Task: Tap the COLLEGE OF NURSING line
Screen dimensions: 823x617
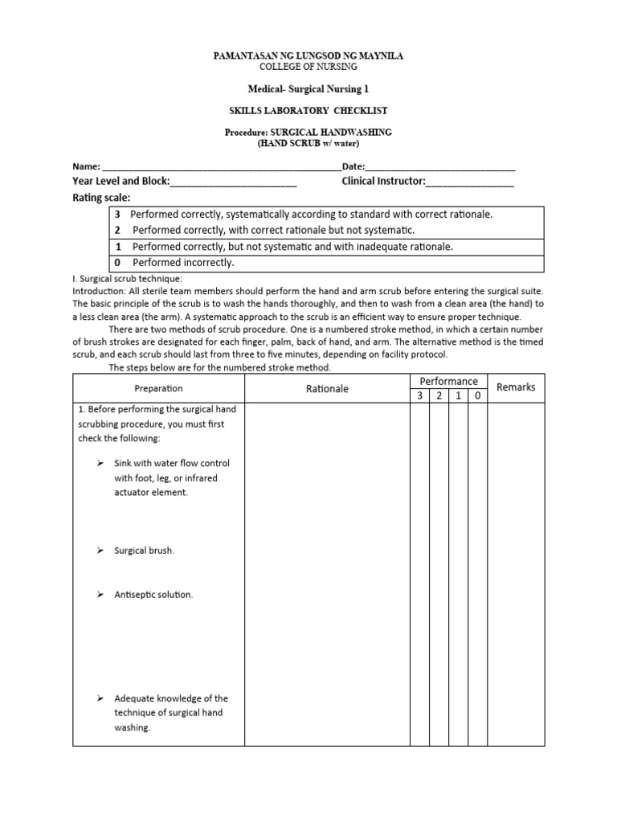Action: click(308, 68)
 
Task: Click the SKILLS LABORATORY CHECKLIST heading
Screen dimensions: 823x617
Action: click(308, 110)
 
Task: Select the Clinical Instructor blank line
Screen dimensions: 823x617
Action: click(469, 182)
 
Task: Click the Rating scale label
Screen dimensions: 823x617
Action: click(101, 198)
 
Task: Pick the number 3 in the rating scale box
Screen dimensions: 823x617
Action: click(117, 215)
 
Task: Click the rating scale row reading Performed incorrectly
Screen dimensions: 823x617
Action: click(183, 263)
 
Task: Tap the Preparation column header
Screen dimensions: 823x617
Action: click(158, 388)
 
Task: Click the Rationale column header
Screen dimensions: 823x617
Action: click(327, 389)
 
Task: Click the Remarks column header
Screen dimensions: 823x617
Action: click(516, 387)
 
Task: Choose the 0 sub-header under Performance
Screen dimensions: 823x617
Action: click(478, 395)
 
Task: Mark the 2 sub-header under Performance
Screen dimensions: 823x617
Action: click(439, 395)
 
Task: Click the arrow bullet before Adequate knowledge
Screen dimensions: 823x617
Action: click(100, 698)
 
